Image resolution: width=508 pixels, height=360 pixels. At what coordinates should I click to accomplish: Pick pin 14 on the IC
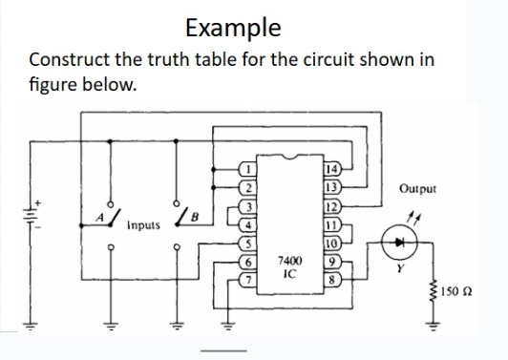tap(331, 169)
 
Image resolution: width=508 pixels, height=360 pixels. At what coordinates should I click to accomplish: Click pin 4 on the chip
tap(246, 223)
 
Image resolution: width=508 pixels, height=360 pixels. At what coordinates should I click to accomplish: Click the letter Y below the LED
tap(389, 269)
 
